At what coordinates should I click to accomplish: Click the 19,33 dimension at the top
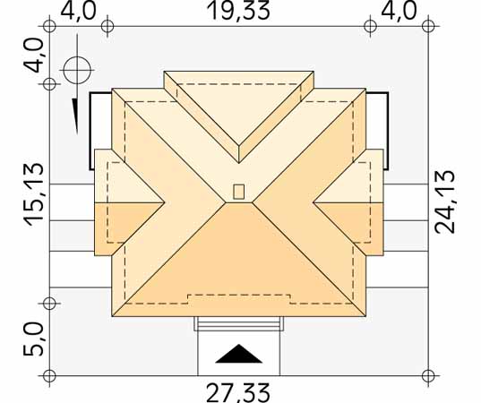[x=238, y=11]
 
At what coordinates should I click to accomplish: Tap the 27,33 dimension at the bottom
[x=238, y=393]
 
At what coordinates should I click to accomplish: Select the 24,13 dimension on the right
[x=444, y=201]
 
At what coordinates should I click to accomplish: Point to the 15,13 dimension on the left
[x=34, y=194]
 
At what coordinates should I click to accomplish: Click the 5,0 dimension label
[x=33, y=339]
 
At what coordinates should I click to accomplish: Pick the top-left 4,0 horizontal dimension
[x=78, y=11]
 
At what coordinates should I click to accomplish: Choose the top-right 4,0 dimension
[x=399, y=11]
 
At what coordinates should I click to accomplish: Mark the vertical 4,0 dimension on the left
[x=33, y=56]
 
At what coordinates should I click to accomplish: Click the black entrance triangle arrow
[x=239, y=354]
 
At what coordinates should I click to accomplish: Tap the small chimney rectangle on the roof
[x=238, y=192]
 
